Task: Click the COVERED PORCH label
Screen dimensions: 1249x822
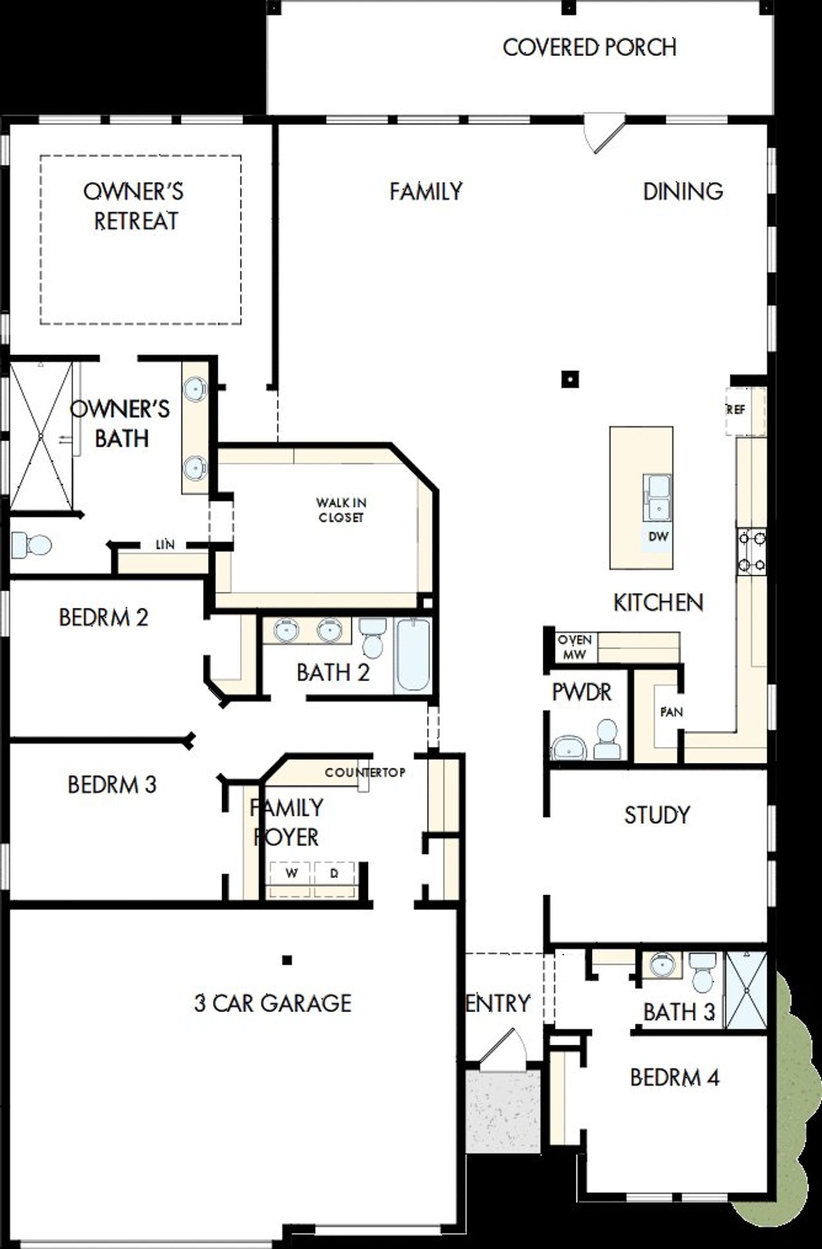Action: pyautogui.click(x=589, y=48)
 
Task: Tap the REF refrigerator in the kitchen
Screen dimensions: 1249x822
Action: pyautogui.click(x=745, y=410)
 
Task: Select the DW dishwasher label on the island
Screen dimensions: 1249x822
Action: pyautogui.click(x=658, y=537)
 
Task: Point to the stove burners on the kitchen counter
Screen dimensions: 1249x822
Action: pyautogui.click(x=751, y=550)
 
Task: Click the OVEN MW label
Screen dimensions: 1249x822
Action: pyautogui.click(x=574, y=647)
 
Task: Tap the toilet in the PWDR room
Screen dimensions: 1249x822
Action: pyautogui.click(x=607, y=740)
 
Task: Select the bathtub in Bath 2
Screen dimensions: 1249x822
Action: pyautogui.click(x=412, y=656)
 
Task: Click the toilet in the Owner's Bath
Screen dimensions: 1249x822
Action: pyautogui.click(x=30, y=545)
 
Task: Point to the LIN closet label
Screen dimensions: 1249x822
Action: pyautogui.click(x=165, y=545)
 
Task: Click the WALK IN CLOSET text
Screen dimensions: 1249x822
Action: pyautogui.click(x=341, y=510)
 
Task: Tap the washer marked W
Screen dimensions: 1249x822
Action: pyautogui.click(x=292, y=874)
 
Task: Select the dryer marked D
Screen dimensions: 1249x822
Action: pyautogui.click(x=334, y=874)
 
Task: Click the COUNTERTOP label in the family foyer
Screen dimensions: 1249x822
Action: pyautogui.click(x=365, y=773)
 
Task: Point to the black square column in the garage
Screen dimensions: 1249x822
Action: pyautogui.click(x=287, y=960)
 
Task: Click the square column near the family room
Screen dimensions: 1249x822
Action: pyautogui.click(x=570, y=380)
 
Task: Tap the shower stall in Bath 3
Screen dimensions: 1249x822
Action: pyautogui.click(x=746, y=991)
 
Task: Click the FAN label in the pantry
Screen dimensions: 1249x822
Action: pyautogui.click(x=671, y=712)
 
